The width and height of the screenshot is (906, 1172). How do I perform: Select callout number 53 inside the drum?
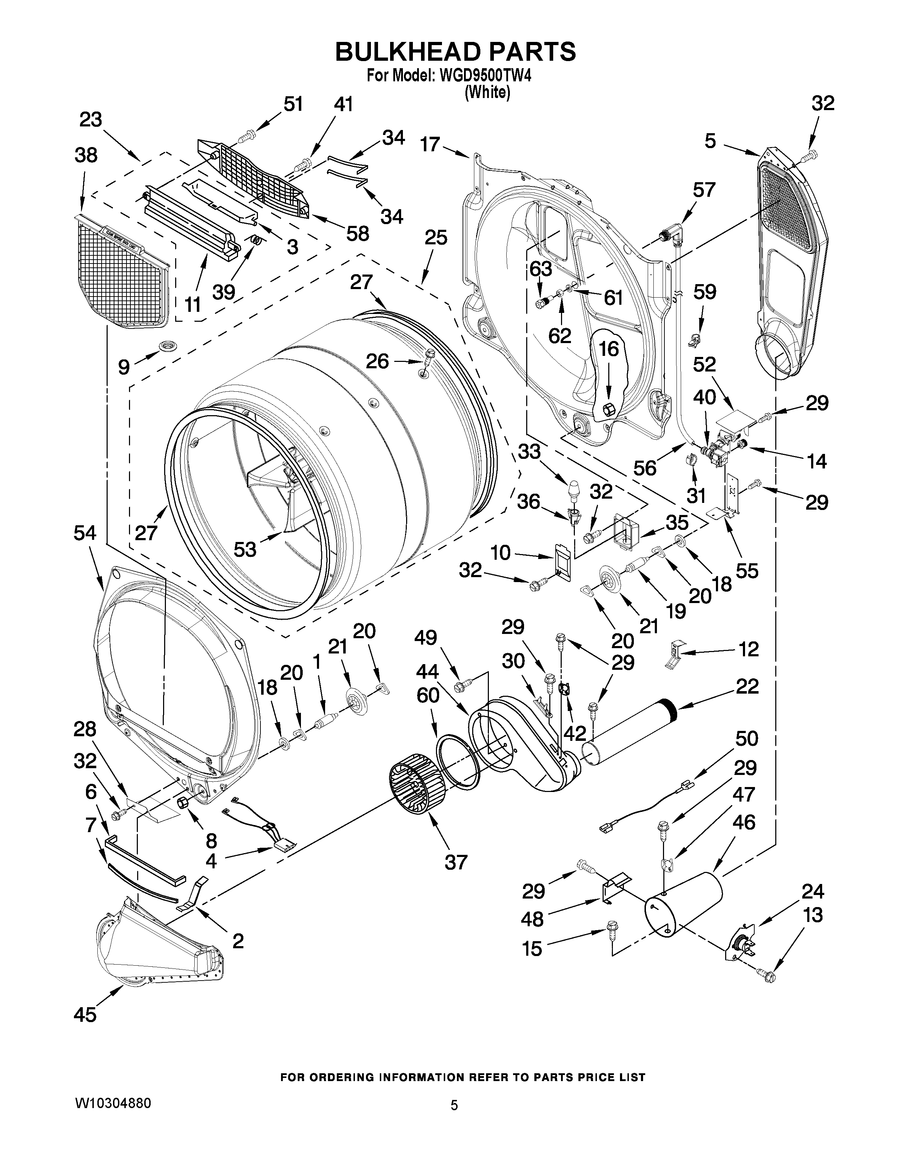tap(245, 549)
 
